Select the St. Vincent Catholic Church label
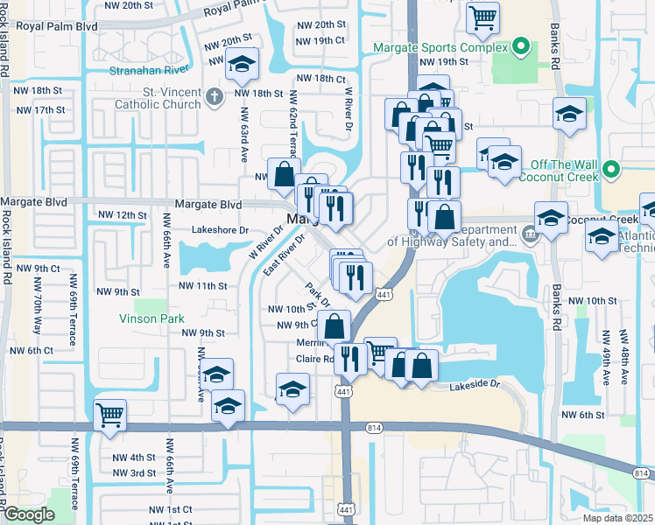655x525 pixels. tap(158, 97)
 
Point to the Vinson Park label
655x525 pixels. tap(151, 318)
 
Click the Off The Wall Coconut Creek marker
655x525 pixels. tap(611, 169)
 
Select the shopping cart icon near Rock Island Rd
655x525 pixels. tap(110, 414)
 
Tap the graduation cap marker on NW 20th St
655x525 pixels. tap(241, 65)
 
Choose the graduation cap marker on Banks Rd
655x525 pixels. tap(569, 114)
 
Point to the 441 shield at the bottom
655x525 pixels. tap(347, 508)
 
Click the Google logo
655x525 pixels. tap(28, 514)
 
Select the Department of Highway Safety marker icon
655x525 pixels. tap(530, 234)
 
